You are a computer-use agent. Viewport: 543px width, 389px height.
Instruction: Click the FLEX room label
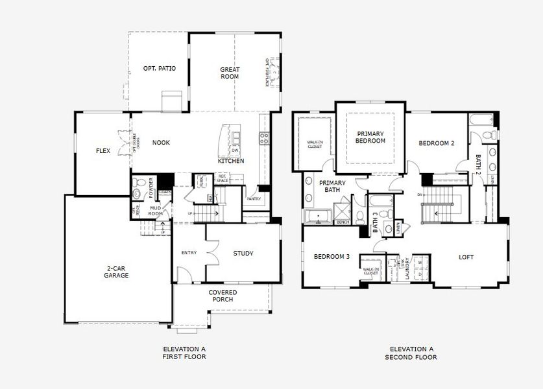[103, 150]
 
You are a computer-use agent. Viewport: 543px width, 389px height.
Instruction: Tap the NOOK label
[161, 143]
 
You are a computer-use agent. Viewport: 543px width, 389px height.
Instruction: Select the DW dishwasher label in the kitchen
[235, 150]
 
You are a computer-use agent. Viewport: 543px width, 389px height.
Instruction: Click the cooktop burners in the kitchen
[264, 137]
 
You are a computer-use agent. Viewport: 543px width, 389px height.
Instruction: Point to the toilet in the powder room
[137, 193]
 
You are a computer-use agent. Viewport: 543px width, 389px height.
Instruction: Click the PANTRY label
[254, 199]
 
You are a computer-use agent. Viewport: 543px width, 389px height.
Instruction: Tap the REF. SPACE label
[223, 178]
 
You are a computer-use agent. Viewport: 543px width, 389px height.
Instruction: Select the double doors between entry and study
[210, 250]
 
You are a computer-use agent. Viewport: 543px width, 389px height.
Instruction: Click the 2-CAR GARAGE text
[117, 271]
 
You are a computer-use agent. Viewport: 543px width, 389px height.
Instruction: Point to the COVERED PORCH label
[223, 296]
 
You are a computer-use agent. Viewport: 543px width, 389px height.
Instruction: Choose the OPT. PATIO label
[160, 68]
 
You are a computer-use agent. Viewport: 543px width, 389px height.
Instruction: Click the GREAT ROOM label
[230, 73]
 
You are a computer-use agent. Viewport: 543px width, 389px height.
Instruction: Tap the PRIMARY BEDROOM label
[370, 137]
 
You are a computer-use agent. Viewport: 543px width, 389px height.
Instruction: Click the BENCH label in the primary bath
[342, 222]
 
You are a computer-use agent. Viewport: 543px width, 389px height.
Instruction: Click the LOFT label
[466, 257]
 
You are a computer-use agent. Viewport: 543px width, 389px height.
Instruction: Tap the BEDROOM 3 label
[332, 257]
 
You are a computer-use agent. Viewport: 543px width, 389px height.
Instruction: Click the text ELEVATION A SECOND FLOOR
[411, 353]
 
